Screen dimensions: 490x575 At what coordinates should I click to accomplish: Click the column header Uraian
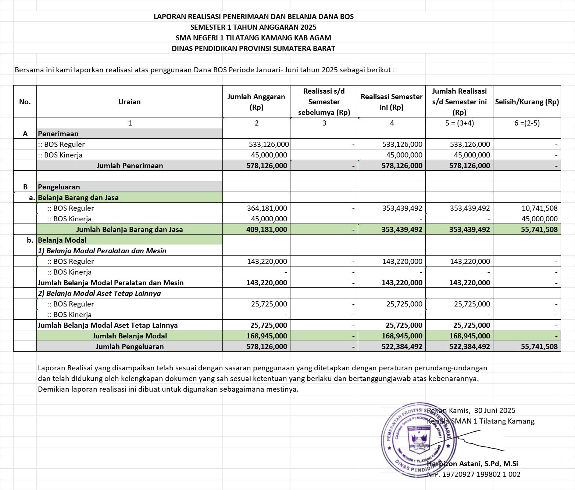[x=129, y=102]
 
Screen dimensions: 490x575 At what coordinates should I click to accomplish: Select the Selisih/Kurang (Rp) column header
[x=527, y=102]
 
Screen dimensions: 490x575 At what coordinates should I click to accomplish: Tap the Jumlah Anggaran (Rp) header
[x=256, y=102]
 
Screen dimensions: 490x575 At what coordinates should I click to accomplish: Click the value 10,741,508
[x=539, y=208]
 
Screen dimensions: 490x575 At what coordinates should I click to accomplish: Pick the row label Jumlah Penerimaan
[x=129, y=166]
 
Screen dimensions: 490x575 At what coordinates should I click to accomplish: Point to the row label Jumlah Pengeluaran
[x=129, y=346]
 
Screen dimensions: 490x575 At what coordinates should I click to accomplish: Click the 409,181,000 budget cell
[x=267, y=229]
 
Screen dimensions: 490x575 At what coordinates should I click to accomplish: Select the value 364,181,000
[x=267, y=208]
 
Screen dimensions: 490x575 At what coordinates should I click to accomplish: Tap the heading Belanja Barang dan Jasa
[x=78, y=197]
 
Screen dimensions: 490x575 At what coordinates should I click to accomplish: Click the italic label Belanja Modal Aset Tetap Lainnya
[x=99, y=293]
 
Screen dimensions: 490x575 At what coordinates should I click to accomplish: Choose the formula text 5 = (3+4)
[x=459, y=123]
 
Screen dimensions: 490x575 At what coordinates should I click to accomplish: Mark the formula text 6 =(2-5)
[x=527, y=123]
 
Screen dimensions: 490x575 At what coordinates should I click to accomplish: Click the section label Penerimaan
[x=58, y=134]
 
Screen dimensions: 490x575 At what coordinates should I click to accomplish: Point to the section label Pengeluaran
[x=59, y=187]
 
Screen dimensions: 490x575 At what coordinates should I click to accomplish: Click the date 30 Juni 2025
[x=494, y=410]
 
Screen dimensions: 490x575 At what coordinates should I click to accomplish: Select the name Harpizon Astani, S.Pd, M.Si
[x=472, y=464]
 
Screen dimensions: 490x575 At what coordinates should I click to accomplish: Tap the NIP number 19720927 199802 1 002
[x=481, y=474]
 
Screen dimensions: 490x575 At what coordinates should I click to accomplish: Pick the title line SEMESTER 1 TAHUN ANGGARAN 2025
[x=253, y=27]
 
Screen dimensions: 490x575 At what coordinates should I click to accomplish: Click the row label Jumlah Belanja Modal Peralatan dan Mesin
[x=111, y=283]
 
